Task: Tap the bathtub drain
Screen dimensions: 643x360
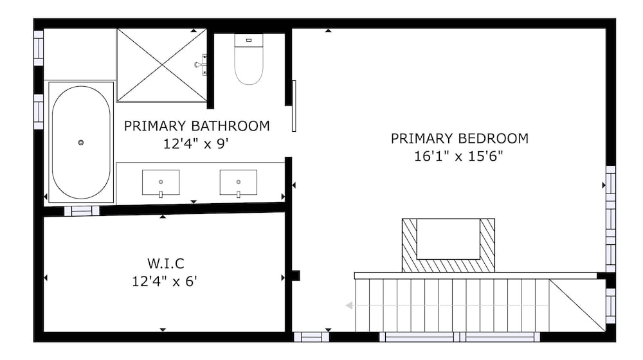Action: (x=81, y=142)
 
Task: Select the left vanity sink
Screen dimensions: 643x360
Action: (x=161, y=183)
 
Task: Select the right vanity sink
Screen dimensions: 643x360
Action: (x=239, y=183)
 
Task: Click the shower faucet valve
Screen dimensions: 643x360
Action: (x=201, y=65)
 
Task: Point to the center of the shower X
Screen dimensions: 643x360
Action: (x=163, y=65)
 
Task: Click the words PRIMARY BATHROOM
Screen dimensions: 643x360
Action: (x=197, y=126)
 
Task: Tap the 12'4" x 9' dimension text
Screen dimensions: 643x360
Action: (x=195, y=144)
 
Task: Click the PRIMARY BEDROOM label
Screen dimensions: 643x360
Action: (x=459, y=139)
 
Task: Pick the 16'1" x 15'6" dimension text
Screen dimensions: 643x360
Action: (x=458, y=156)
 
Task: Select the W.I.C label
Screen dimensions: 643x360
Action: (x=166, y=263)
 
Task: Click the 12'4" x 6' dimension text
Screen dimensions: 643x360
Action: (x=165, y=282)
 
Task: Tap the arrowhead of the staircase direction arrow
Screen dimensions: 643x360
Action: (x=349, y=305)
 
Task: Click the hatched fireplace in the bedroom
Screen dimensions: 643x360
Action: (x=448, y=245)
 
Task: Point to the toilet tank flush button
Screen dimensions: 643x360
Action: (x=248, y=40)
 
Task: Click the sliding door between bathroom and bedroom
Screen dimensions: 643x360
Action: (x=294, y=106)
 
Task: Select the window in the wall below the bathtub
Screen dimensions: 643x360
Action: (x=82, y=211)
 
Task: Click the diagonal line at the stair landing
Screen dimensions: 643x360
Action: (x=577, y=305)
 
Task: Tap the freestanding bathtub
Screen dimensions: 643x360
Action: (x=81, y=142)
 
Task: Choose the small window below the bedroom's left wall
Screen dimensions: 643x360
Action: (x=311, y=337)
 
